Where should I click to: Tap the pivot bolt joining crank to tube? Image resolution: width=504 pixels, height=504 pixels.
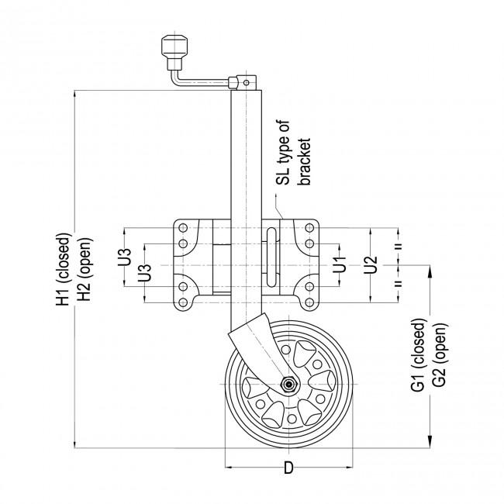(x=245, y=81)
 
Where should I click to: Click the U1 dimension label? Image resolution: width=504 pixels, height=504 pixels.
(x=339, y=264)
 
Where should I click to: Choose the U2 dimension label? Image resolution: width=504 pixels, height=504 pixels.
(x=371, y=264)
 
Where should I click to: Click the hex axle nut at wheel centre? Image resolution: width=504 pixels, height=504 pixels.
(x=288, y=384)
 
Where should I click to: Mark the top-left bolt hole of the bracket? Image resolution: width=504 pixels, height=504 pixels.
(x=183, y=228)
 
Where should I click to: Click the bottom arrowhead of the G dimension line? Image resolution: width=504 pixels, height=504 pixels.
(x=429, y=443)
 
